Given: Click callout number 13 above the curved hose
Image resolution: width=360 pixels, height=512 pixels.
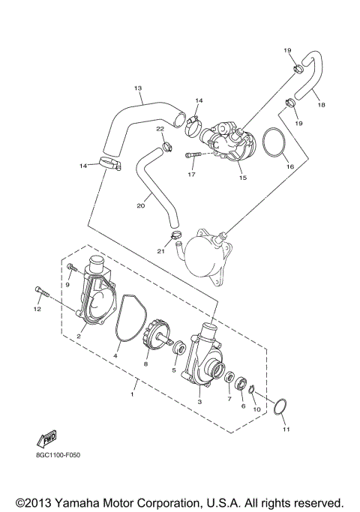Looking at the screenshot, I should pyautogui.click(x=138, y=88).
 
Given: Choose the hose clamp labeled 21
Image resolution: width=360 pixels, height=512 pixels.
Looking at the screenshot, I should pyautogui.click(x=177, y=239).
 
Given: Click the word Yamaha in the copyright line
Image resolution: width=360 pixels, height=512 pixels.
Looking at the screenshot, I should pyautogui.click(x=87, y=502).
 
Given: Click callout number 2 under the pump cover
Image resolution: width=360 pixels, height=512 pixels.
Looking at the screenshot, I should pyautogui.click(x=78, y=337).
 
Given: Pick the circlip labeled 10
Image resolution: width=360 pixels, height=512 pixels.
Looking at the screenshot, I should pyautogui.click(x=253, y=389).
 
